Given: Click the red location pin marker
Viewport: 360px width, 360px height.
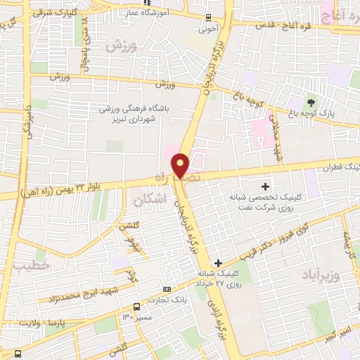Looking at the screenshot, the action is point(181,165).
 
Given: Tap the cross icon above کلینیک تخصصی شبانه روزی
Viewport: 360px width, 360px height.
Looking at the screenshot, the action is point(264,186).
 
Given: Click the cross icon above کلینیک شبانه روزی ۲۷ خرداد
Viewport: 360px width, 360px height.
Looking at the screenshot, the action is point(219,262).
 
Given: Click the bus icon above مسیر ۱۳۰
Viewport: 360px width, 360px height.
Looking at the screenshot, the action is point(136,307).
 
